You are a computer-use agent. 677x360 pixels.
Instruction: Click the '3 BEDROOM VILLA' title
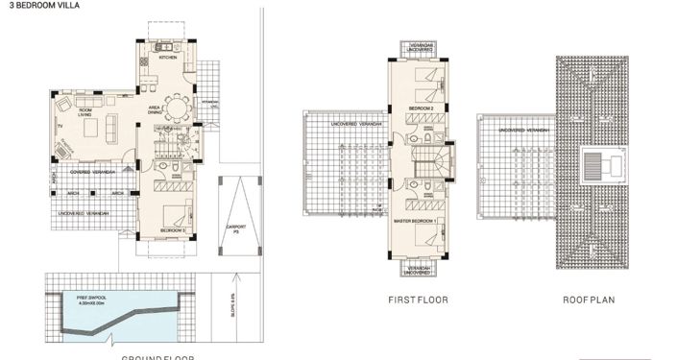pyautogui.click(x=32, y=5)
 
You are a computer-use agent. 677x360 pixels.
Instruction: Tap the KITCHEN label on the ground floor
pyautogui.click(x=168, y=58)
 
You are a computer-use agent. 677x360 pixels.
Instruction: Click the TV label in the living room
pyautogui.click(x=58, y=126)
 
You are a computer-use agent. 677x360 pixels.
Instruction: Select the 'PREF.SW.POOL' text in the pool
pyautogui.click(x=96, y=300)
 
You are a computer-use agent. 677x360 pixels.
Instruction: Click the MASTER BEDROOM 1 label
pyautogui.click(x=416, y=222)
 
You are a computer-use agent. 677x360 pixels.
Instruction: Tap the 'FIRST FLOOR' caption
pyautogui.click(x=418, y=300)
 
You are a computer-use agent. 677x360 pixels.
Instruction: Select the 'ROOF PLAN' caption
pyautogui.click(x=590, y=300)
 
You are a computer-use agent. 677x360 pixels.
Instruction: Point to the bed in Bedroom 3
pyautogui.click(x=174, y=213)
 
